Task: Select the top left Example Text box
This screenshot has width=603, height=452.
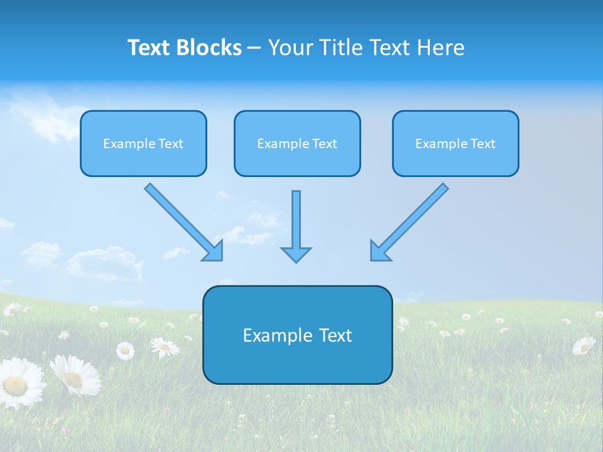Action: pyautogui.click(x=143, y=143)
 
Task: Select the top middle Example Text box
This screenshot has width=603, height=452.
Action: pyautogui.click(x=297, y=143)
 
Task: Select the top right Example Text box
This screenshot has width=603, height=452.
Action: pyautogui.click(x=455, y=143)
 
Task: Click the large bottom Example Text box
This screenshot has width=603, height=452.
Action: pyautogui.click(x=297, y=335)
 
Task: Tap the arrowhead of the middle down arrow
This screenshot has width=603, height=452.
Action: pyautogui.click(x=296, y=254)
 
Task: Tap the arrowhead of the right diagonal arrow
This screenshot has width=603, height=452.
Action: pyautogui.click(x=379, y=250)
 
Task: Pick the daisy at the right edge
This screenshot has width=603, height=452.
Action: pyautogui.click(x=584, y=345)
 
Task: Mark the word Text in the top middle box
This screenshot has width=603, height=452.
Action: pyautogui.click(x=325, y=144)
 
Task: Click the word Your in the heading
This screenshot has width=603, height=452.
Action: pyautogui.click(x=289, y=48)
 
